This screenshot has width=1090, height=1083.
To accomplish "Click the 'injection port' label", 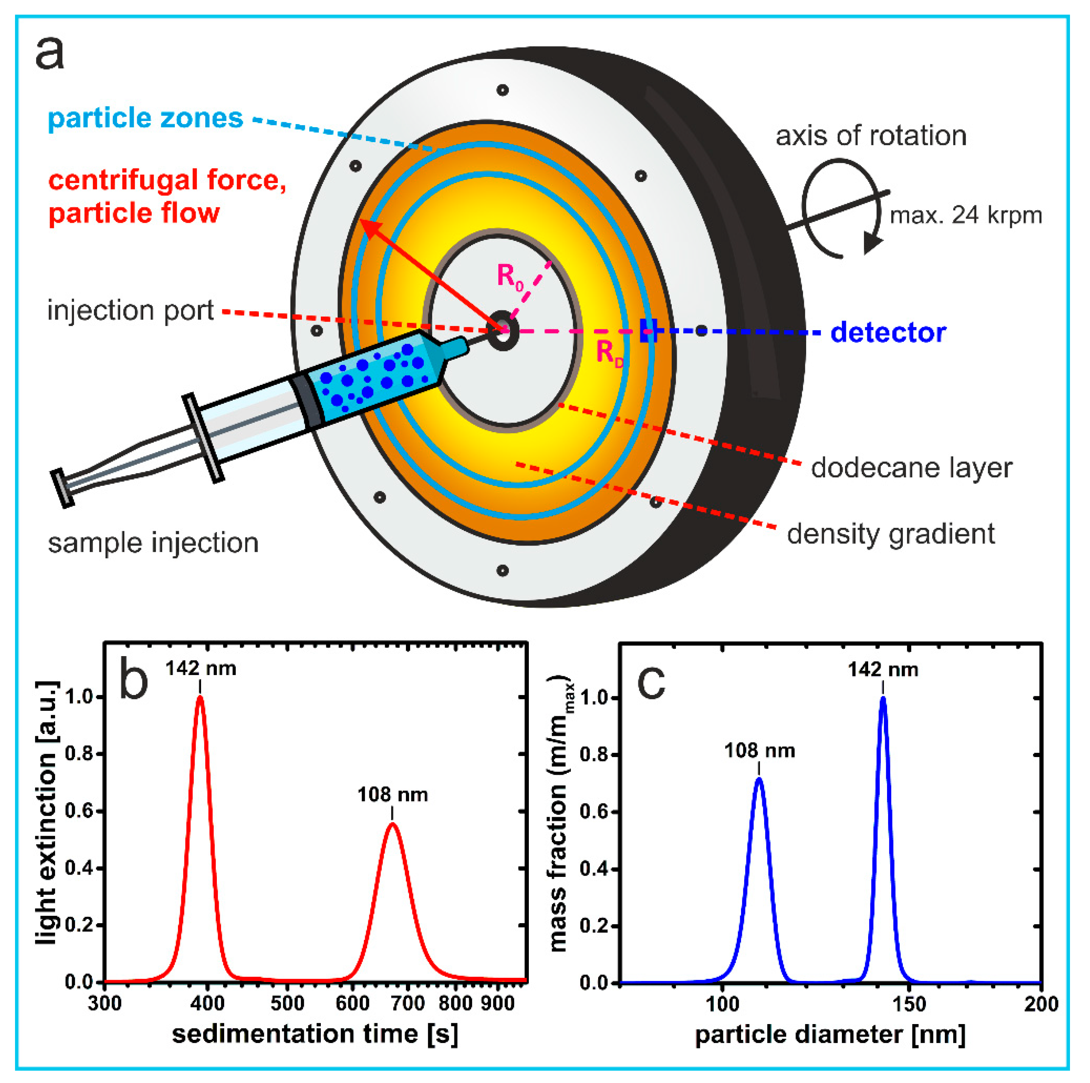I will pos(130,311).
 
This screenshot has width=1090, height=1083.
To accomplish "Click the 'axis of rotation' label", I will pos(870,136).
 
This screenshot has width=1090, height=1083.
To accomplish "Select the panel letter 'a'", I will pos(50,54).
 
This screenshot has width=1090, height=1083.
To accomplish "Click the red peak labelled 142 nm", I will pos(200,698).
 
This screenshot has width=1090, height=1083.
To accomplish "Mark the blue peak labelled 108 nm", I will pos(759,780).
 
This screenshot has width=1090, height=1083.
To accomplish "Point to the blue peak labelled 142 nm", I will pos(883,698).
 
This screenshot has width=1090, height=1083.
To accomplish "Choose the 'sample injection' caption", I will pos(153,543).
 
